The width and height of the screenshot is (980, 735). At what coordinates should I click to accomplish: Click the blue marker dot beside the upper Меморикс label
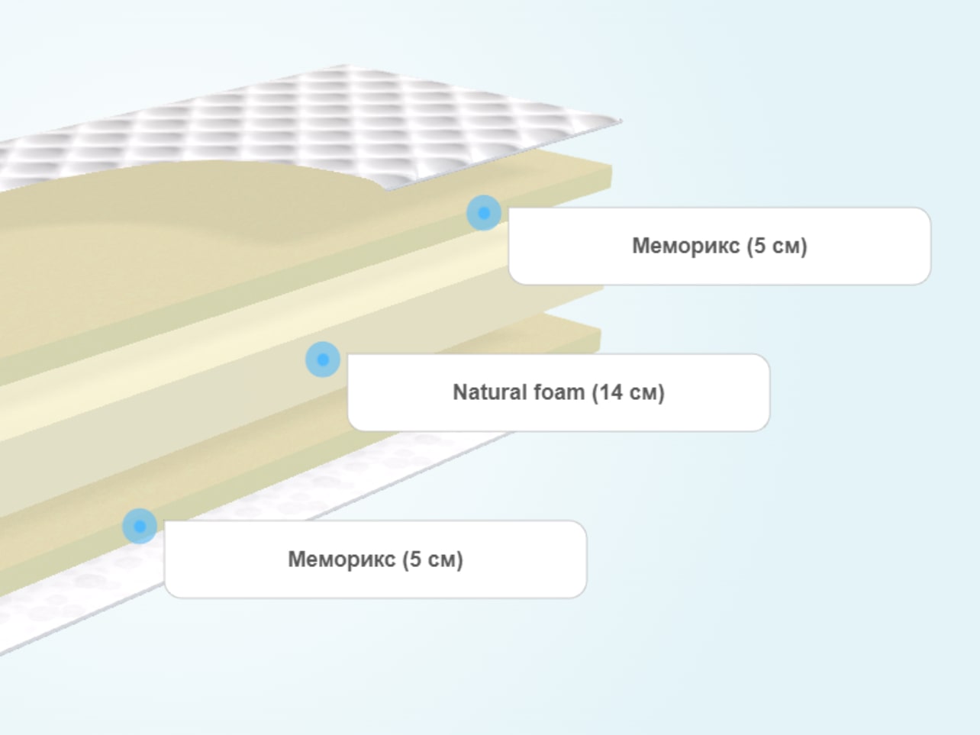(484, 213)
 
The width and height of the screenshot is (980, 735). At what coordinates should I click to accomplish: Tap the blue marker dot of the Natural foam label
(323, 359)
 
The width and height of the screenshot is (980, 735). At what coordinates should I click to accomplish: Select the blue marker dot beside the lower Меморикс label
(140, 526)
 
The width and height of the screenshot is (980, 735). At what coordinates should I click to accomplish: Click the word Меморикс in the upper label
(686, 246)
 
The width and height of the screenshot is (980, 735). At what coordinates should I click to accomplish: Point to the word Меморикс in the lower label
(341, 559)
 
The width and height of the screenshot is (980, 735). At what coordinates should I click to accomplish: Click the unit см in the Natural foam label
(643, 393)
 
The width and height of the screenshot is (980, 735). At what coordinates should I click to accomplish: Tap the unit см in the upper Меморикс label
(787, 247)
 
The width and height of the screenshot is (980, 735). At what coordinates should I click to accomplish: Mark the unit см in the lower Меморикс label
(443, 560)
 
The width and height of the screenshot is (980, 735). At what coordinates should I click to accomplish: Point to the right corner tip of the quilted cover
(621, 120)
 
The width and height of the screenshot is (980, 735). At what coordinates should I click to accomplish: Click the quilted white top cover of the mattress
(312, 121)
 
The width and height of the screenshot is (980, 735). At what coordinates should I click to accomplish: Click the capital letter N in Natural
(460, 392)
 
